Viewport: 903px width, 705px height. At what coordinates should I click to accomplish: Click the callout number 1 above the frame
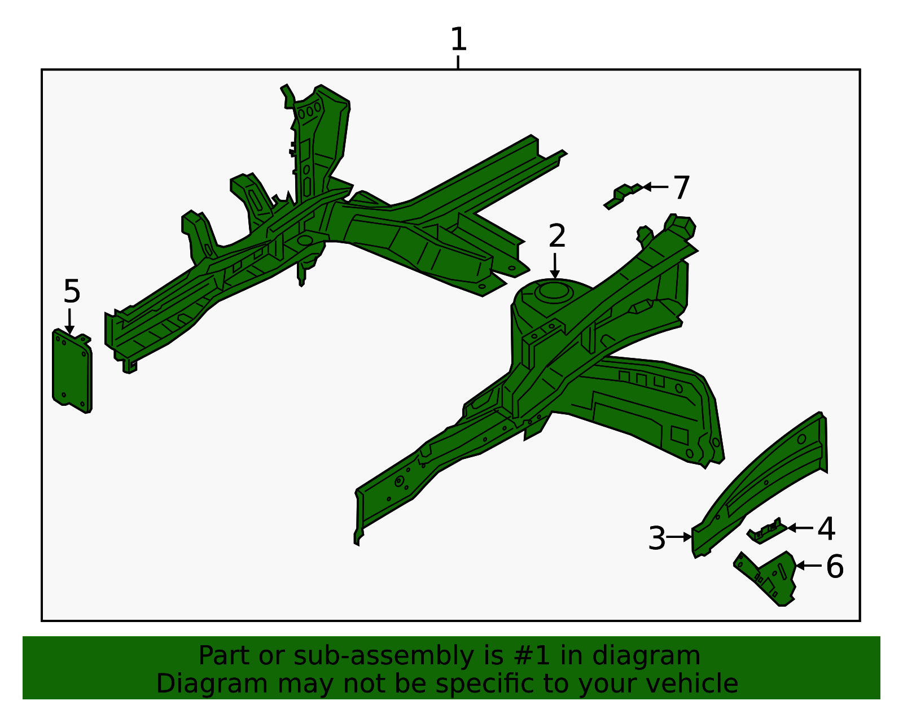pos(458,40)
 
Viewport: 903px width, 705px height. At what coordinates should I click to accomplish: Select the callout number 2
pos(556,236)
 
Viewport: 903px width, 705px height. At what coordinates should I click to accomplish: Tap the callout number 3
pos(657,538)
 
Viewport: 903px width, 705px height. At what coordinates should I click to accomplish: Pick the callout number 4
pos(826,529)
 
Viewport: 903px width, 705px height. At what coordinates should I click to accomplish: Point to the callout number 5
pos(72,292)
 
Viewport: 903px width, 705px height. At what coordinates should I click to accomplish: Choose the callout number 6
pos(835,567)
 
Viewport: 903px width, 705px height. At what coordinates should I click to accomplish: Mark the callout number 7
pos(682,188)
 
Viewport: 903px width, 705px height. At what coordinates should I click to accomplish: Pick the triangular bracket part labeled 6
pos(770,577)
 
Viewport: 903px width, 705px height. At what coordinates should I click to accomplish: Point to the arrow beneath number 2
pos(555,266)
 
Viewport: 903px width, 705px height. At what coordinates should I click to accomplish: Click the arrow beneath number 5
pos(69,322)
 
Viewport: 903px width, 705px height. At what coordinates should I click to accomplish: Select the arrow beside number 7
pos(655,186)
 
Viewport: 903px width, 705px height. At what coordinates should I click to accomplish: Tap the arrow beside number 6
pos(808,565)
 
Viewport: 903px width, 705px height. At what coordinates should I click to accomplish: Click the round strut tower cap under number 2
pos(552,292)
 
